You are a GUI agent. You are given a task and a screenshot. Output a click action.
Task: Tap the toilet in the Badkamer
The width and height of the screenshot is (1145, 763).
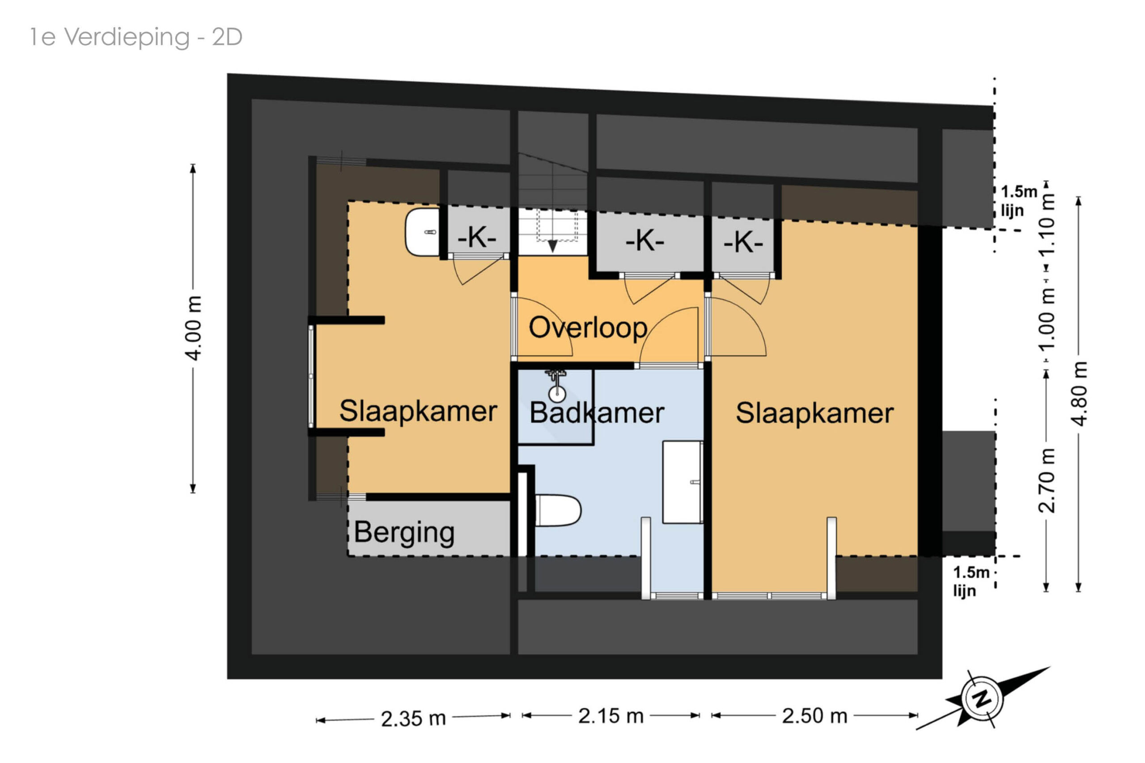(558, 510)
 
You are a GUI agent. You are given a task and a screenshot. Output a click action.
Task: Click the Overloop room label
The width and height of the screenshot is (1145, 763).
(588, 327)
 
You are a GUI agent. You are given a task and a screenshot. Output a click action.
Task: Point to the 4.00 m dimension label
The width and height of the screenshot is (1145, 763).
(193, 328)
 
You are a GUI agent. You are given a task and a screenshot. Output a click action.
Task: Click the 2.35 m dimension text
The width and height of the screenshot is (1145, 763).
(413, 719)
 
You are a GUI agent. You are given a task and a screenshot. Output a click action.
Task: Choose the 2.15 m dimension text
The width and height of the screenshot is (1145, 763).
(611, 716)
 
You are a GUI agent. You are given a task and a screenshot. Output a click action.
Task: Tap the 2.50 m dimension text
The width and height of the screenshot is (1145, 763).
(814, 716)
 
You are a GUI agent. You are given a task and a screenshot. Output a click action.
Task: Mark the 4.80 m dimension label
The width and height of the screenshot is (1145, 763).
(1079, 393)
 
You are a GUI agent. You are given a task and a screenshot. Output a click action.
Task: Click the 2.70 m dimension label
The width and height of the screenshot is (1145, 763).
(1047, 480)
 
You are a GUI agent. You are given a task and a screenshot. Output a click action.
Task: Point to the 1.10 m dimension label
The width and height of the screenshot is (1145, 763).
(1047, 225)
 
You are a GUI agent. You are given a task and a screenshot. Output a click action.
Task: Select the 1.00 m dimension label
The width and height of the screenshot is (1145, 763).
(1047, 318)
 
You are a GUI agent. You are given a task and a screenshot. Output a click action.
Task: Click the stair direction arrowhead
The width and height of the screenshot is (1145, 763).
(552, 246)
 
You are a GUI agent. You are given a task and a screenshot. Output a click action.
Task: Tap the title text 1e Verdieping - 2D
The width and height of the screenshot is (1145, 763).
(136, 37)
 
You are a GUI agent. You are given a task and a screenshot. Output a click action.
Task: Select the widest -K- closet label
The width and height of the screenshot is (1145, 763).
(645, 240)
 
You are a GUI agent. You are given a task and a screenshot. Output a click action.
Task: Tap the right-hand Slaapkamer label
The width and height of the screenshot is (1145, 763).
(814, 414)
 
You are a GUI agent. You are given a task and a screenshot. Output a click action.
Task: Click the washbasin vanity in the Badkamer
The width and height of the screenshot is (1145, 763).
(683, 482)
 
